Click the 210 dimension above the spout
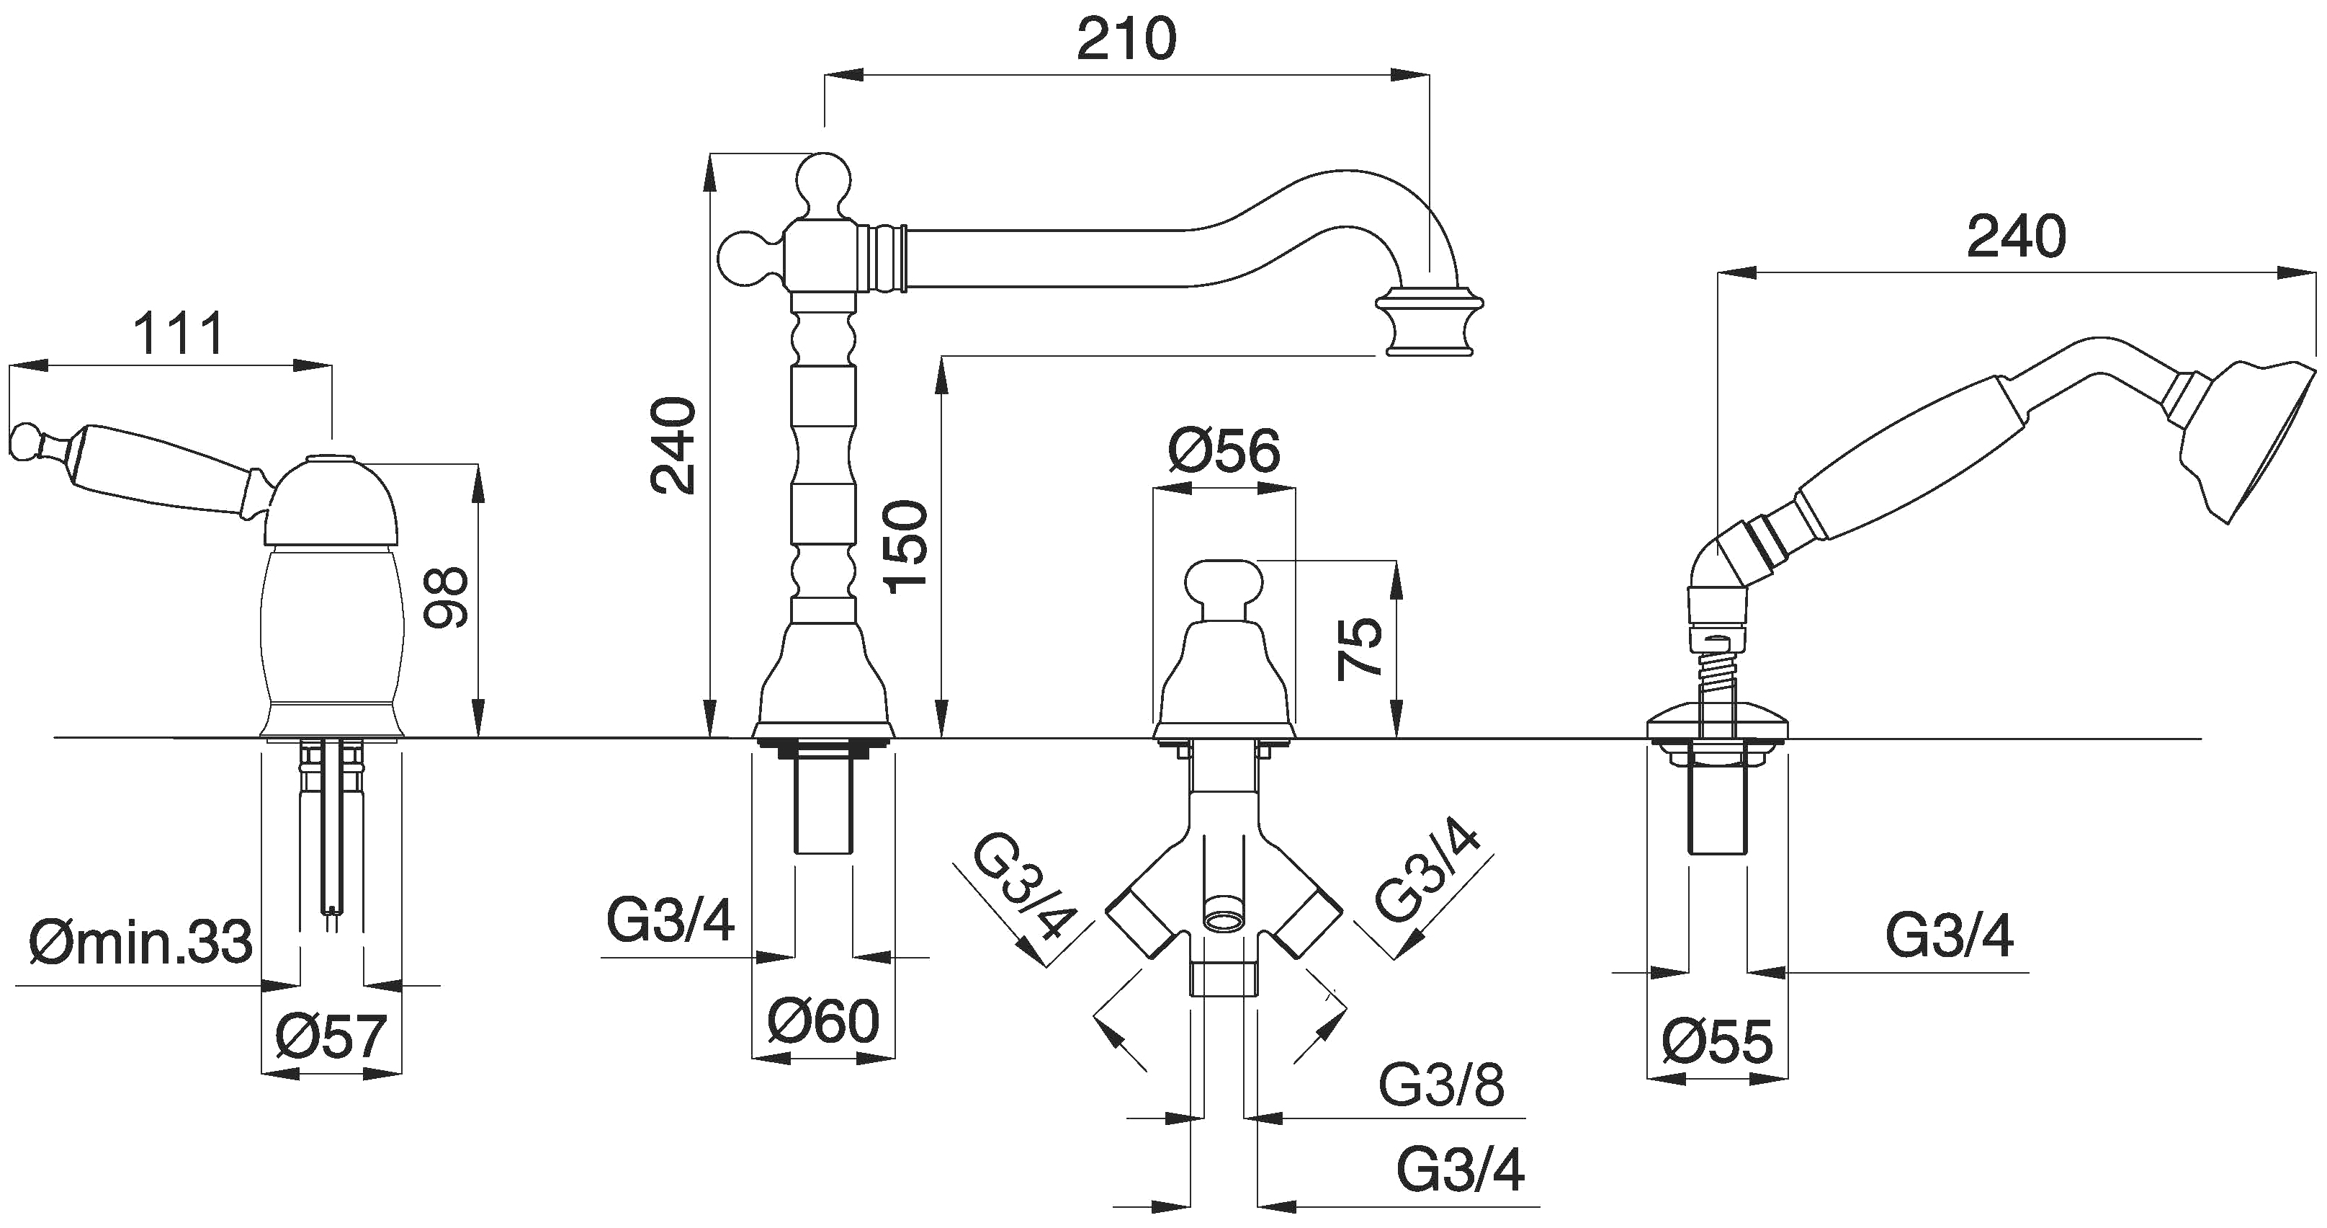click(x=1126, y=40)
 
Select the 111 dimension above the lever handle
click(x=178, y=334)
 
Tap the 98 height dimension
click(x=447, y=597)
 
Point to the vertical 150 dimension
click(x=907, y=547)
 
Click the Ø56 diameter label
click(x=1224, y=452)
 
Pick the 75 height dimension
click(x=1360, y=647)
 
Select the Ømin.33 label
click(x=140, y=943)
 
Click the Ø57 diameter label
click(x=331, y=1036)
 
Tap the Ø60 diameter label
click(x=823, y=1021)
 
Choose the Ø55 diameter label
click(x=1717, y=1042)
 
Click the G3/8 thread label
click(x=1441, y=1085)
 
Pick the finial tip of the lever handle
click(x=25, y=441)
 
